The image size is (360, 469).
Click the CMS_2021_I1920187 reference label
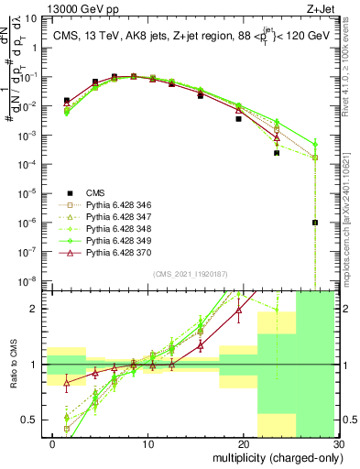[188, 274]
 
